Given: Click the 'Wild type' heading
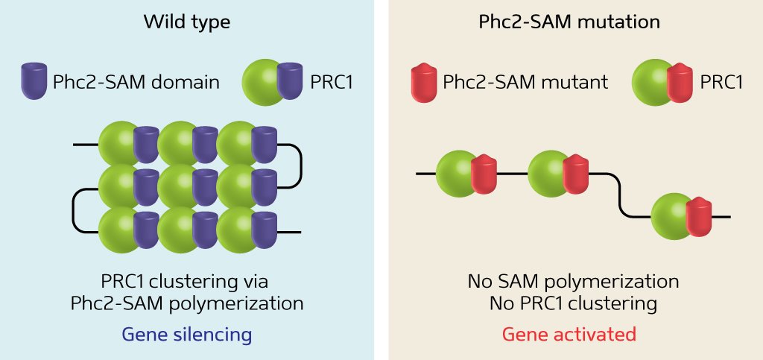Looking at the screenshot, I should pyautogui.click(x=186, y=22).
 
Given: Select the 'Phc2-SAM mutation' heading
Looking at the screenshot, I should pyautogui.click(x=569, y=22).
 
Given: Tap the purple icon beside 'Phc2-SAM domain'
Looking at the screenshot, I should pyautogui.click(x=34, y=81).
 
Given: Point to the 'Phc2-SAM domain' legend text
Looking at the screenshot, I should pyautogui.click(x=136, y=82).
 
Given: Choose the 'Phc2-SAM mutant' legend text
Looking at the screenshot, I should pyautogui.click(x=525, y=82).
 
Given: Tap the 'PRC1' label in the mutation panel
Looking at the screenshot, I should pyautogui.click(x=722, y=82).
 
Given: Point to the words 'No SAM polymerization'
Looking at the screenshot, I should pyautogui.click(x=573, y=282).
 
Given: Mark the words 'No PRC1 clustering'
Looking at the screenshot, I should pyautogui.click(x=573, y=303).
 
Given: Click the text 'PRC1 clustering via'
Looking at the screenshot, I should pyautogui.click(x=185, y=282).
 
